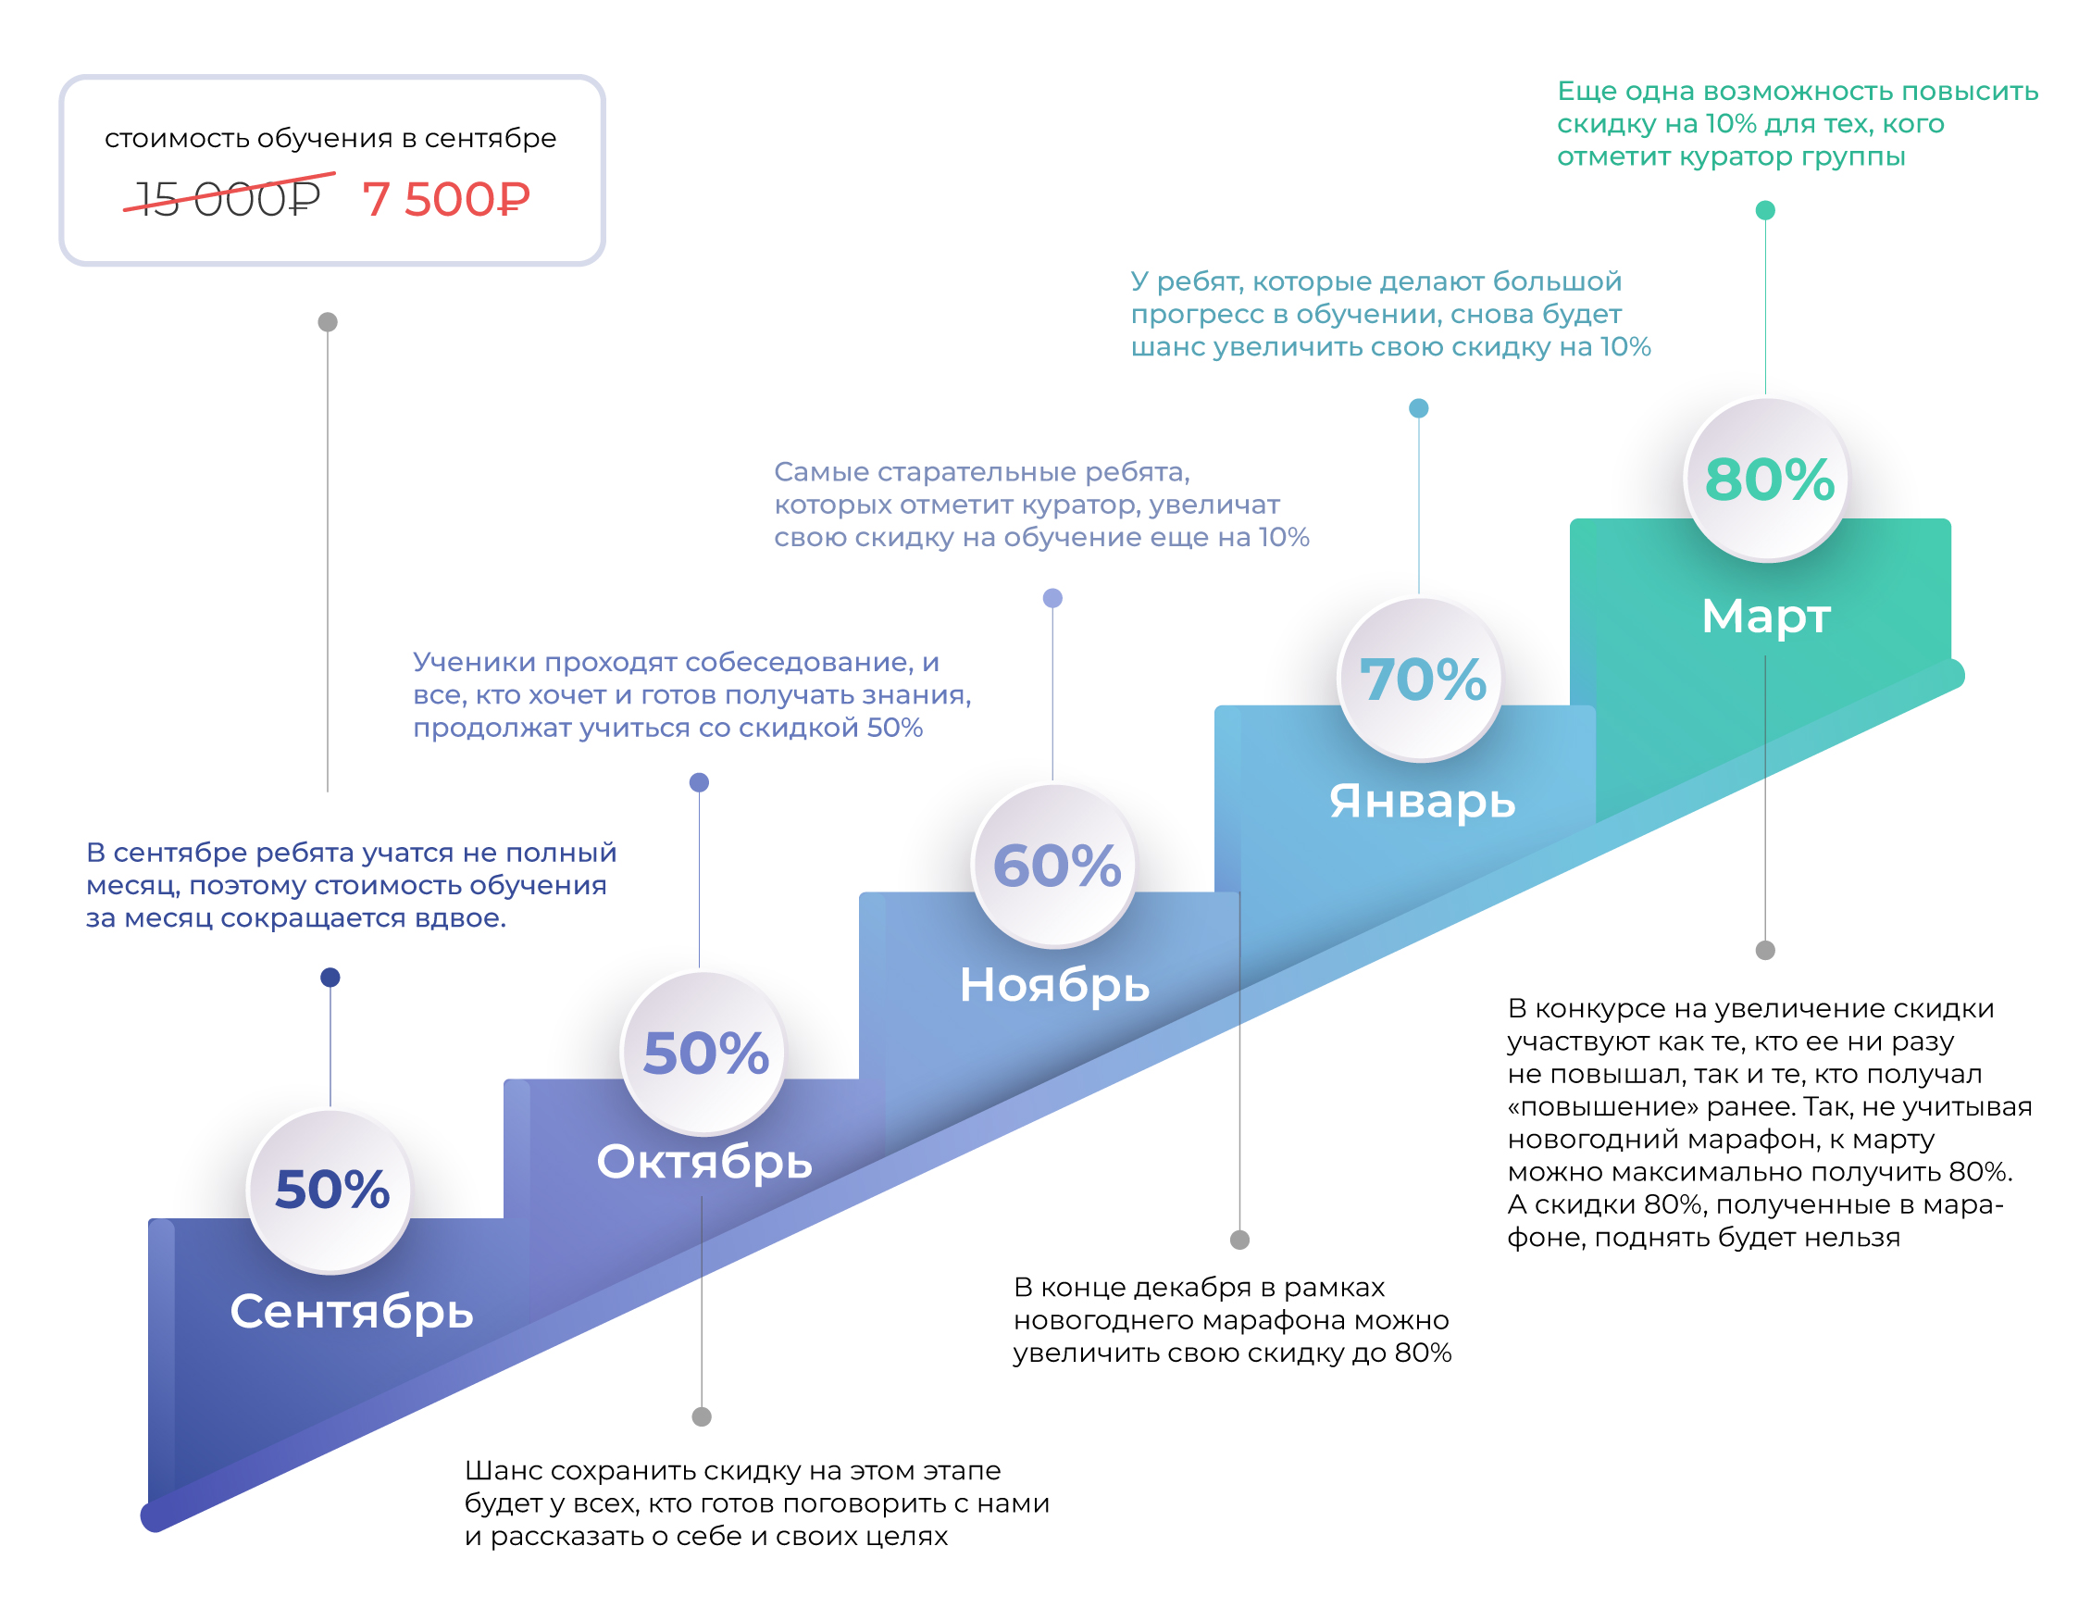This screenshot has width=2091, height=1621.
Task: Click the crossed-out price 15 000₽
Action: tap(228, 198)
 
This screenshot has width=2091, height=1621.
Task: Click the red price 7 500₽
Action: tap(446, 199)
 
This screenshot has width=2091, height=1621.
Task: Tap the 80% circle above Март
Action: tap(1766, 479)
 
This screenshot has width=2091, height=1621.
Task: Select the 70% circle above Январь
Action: tap(1420, 679)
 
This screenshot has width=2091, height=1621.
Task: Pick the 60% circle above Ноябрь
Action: tap(1055, 866)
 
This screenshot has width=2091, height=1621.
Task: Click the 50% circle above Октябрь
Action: tap(703, 1053)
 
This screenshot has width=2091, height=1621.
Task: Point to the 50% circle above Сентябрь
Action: tap(330, 1191)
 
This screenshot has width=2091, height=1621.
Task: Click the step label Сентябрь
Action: tap(352, 1310)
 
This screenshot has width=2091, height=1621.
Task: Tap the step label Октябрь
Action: tap(703, 1162)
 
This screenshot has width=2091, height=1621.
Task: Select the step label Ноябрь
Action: tap(1054, 983)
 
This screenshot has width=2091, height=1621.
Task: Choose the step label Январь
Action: tap(1422, 800)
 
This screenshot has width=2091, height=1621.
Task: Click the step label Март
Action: tap(1765, 615)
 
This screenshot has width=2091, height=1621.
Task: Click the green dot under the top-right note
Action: tap(1765, 211)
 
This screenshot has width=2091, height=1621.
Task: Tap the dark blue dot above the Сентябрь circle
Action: tap(330, 978)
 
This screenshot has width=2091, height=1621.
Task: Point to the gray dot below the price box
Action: tap(328, 322)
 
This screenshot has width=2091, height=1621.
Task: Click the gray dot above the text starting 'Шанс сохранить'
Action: tap(702, 1417)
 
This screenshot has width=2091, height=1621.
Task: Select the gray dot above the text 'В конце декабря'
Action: tap(1239, 1240)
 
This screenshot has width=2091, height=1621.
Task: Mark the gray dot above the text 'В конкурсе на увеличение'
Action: tap(1765, 951)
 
